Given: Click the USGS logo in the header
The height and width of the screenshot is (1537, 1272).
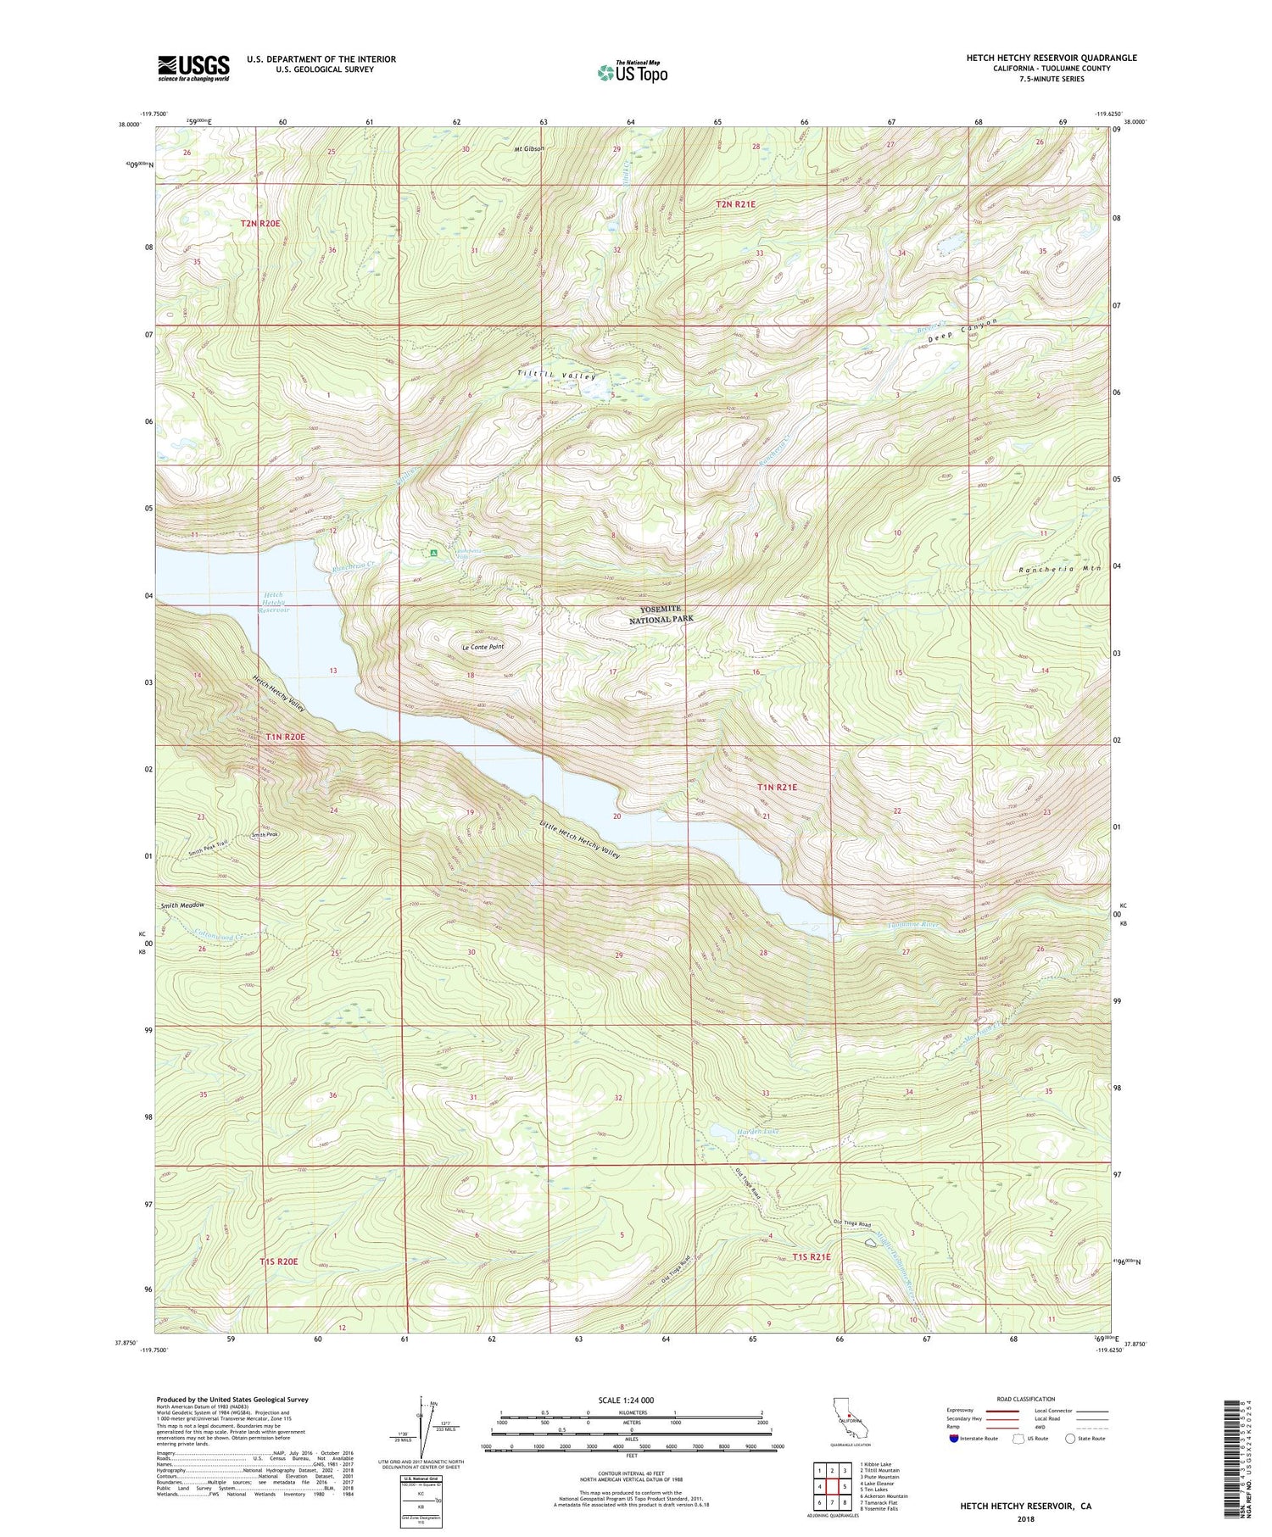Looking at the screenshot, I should click(x=193, y=68).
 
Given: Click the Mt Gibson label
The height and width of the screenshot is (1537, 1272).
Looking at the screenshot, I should click(x=527, y=148).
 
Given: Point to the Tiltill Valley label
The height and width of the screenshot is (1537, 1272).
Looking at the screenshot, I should click(x=557, y=376).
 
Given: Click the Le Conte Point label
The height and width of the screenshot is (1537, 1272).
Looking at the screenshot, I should click(x=483, y=647).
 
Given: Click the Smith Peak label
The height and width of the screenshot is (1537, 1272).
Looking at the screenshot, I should click(x=265, y=835).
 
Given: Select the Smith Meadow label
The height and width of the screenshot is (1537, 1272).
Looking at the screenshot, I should click(x=182, y=905).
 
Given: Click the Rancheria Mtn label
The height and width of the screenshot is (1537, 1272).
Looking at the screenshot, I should click(x=1060, y=569).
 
